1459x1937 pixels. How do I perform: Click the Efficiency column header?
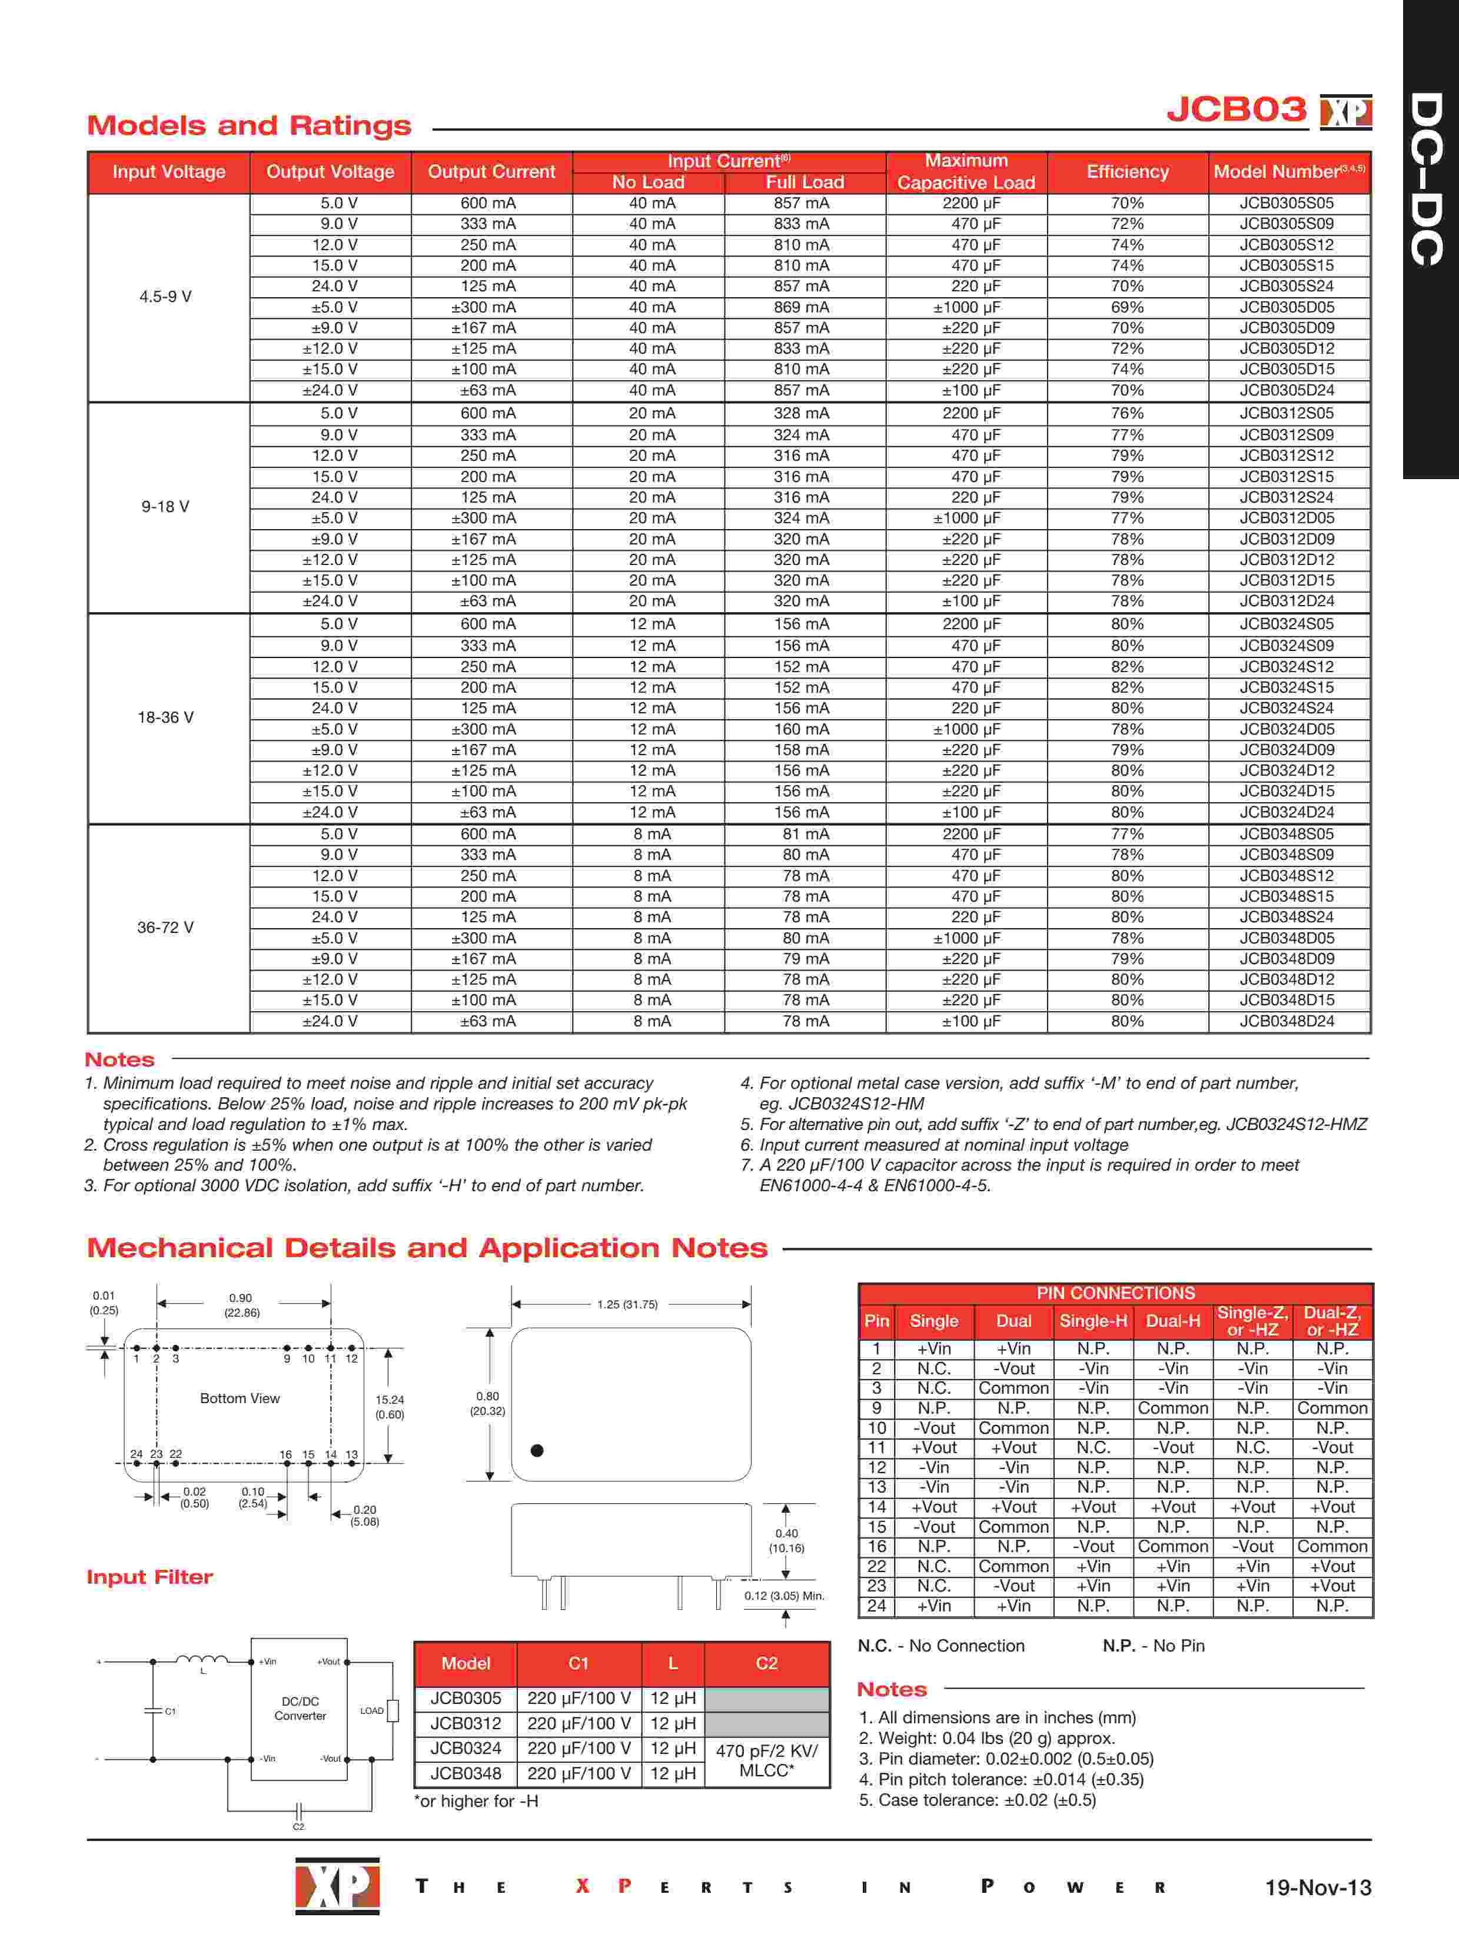coord(1127,172)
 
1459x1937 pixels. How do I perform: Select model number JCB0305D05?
coord(1287,307)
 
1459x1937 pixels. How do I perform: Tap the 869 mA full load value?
coord(800,307)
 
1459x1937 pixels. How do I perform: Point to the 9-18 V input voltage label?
coord(165,507)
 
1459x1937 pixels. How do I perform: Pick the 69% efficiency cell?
coord(1127,307)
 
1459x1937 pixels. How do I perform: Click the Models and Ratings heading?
coord(249,126)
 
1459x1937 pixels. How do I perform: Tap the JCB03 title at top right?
coord(1236,110)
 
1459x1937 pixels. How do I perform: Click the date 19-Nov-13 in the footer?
coord(1317,1887)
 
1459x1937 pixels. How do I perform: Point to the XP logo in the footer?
coord(337,1885)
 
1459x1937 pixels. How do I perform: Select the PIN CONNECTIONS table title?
coord(1115,1293)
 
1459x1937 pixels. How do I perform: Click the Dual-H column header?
coord(1172,1321)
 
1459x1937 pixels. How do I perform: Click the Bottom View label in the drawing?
coord(240,1398)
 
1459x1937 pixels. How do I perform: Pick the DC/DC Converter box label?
coord(300,1709)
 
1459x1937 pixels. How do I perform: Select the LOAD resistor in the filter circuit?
coord(393,1710)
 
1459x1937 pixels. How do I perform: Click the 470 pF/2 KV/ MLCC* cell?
coord(766,1760)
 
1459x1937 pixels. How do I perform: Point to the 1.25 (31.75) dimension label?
coord(627,1305)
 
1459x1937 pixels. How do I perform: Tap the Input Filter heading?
coord(149,1577)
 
